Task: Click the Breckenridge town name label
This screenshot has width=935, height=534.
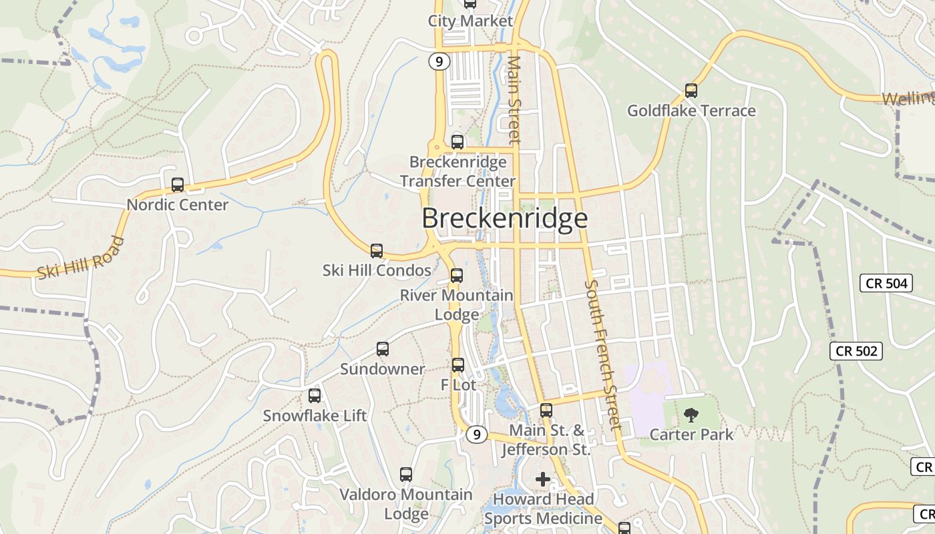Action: coord(505,219)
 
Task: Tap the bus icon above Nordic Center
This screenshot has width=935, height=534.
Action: coord(178,185)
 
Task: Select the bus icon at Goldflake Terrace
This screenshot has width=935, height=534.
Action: coord(691,91)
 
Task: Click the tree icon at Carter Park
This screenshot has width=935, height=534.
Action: coord(691,415)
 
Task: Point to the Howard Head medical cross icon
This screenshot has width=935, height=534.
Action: coord(543,479)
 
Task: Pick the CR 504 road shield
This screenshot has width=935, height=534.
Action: coord(886,283)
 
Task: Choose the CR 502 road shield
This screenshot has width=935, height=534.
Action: coord(856,351)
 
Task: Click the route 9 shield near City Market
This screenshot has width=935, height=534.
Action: coord(439,62)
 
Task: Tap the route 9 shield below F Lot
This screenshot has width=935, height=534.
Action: coord(476,435)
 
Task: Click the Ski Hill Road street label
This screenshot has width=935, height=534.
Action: coord(81,258)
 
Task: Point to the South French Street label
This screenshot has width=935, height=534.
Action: coord(603,354)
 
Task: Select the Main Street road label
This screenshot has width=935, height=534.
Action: coord(514,100)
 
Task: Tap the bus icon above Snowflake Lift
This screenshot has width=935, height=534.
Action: coord(315,396)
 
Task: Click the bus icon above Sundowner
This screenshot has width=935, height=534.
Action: coord(383,349)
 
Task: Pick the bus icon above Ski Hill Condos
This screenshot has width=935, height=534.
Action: coord(377,251)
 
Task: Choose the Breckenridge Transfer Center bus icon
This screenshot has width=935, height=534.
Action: coord(457,142)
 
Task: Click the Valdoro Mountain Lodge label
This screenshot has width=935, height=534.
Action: coord(406,504)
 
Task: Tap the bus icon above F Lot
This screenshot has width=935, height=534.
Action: coord(458,365)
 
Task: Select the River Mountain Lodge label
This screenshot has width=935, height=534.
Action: coord(457,304)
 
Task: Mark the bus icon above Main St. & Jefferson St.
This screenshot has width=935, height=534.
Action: coord(546,411)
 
